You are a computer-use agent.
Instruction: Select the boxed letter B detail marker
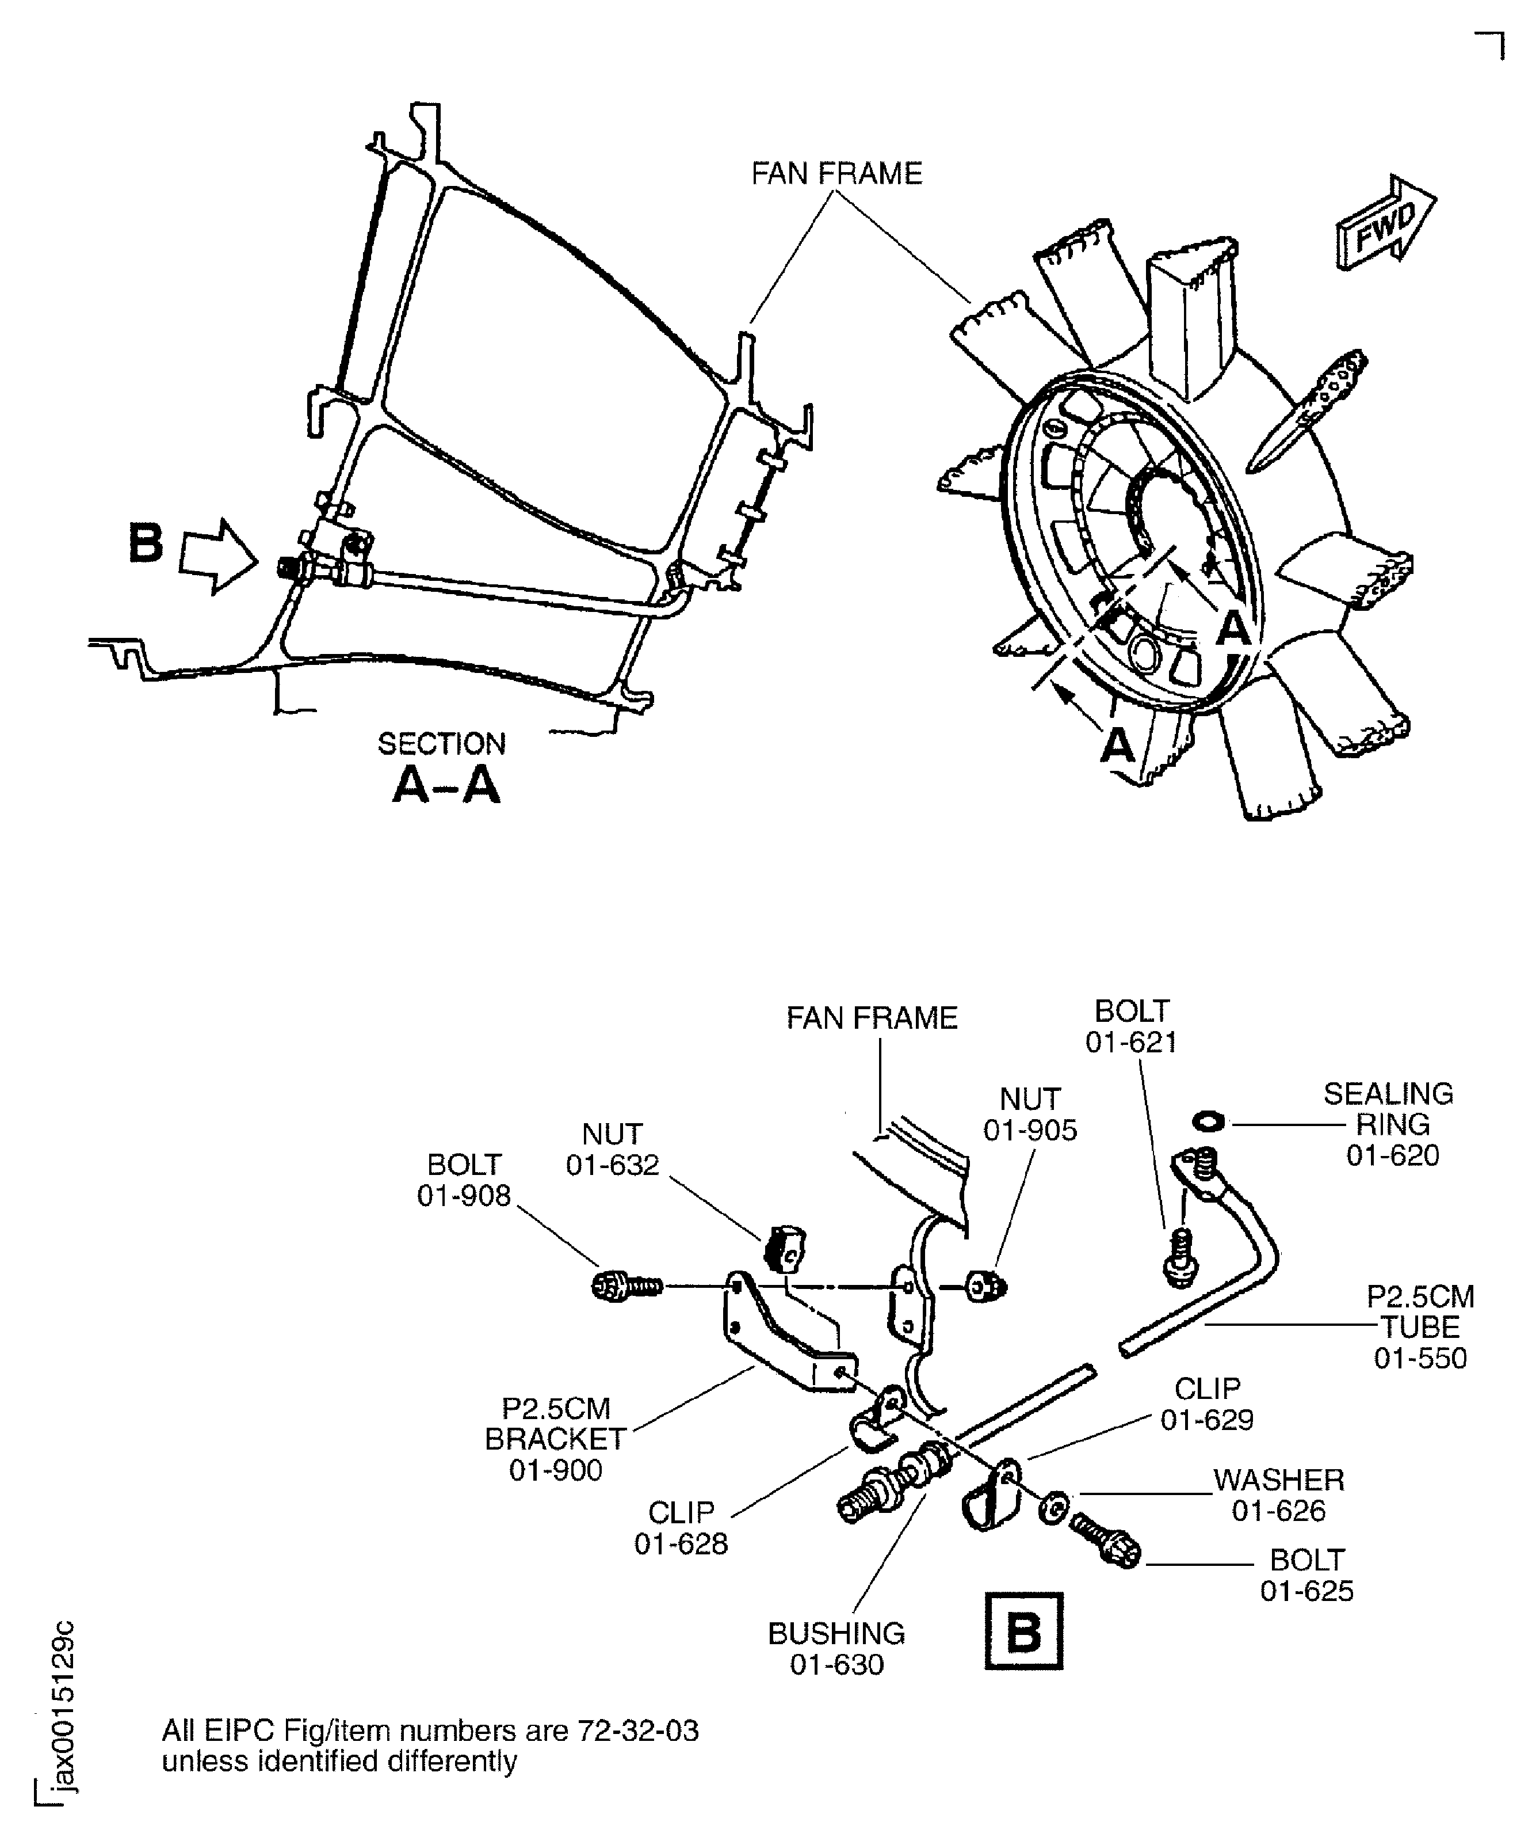coord(1023,1632)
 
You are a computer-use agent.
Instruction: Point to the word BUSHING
coord(836,1633)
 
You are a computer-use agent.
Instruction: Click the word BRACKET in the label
coord(555,1439)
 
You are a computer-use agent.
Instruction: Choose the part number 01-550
coord(1420,1358)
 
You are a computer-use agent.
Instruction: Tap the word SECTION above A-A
coord(441,744)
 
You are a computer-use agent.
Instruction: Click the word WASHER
coord(1278,1480)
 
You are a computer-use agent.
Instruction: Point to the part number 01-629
coord(1206,1420)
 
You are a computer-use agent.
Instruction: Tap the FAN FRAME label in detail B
coord(872,1018)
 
